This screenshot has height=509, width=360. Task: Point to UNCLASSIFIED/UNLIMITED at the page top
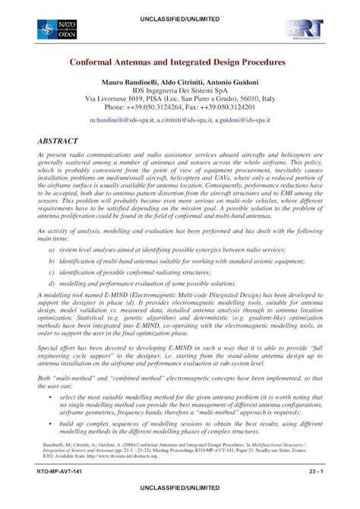[180, 7]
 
